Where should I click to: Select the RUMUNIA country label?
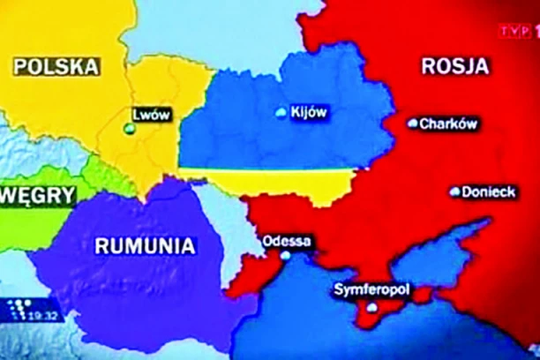(146, 245)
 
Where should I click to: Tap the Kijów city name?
(308, 112)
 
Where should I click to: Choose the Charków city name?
(449, 124)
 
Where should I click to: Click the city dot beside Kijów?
(281, 113)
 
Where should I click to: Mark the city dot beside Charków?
(412, 124)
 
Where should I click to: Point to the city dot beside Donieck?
(455, 191)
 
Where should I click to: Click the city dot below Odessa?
(285, 256)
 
